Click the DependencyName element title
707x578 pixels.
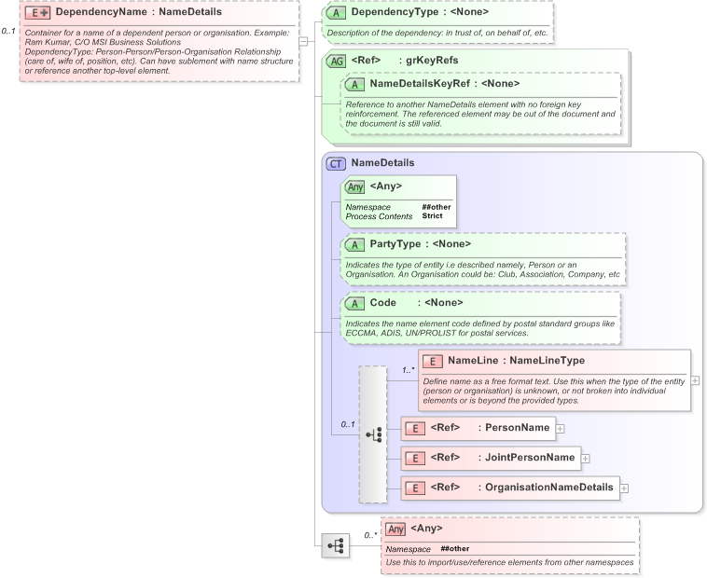point(138,13)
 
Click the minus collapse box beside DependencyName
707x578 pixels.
point(302,41)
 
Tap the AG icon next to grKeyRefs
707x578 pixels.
point(335,61)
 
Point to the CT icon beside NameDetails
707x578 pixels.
point(336,163)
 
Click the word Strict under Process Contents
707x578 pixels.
point(432,216)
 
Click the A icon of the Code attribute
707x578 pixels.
point(354,303)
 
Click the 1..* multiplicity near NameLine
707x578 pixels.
point(408,370)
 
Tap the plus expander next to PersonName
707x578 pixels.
point(561,429)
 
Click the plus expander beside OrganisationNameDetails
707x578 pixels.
point(624,488)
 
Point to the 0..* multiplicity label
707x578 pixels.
point(369,536)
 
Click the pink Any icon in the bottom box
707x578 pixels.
point(395,529)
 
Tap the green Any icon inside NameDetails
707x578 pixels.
point(354,186)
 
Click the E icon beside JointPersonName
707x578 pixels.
point(413,458)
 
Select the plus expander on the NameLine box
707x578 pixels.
point(695,380)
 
